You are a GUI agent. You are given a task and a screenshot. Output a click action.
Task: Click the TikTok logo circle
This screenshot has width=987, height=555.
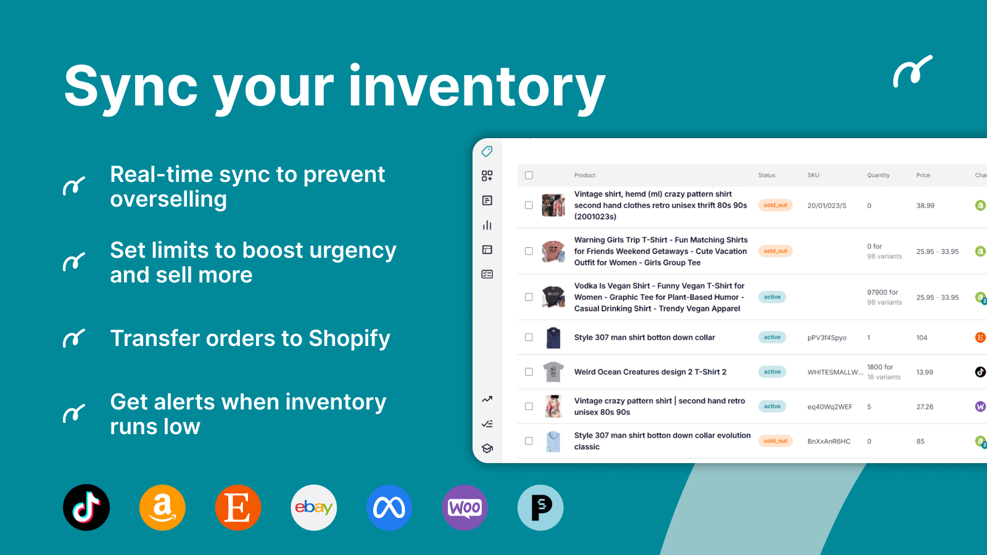pyautogui.click(x=86, y=508)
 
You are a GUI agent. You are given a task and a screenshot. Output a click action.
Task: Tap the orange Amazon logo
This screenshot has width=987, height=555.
pyautogui.click(x=162, y=508)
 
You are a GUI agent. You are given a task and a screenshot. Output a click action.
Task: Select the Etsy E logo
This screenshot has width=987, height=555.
pyautogui.click(x=238, y=508)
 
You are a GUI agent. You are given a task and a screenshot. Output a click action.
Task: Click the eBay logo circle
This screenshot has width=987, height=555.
pyautogui.click(x=314, y=508)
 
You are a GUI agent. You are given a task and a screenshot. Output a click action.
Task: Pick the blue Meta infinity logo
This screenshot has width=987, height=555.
pyautogui.click(x=389, y=508)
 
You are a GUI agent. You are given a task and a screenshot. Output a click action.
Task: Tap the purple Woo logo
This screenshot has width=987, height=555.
pyautogui.click(x=465, y=508)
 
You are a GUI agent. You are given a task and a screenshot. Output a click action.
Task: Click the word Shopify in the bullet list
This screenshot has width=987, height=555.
pyautogui.click(x=349, y=339)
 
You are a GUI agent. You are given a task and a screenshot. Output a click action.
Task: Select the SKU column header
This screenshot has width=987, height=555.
pyautogui.click(x=814, y=175)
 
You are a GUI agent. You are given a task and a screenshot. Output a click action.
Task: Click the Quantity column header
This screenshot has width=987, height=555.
pyautogui.click(x=878, y=175)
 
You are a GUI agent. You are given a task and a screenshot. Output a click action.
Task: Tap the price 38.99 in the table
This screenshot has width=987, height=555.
pyautogui.click(x=925, y=206)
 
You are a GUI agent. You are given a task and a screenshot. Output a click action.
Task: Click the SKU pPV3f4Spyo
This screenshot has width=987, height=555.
pyautogui.click(x=827, y=338)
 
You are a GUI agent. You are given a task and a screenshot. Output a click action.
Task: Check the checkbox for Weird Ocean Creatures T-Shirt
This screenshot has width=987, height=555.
pyautogui.click(x=529, y=372)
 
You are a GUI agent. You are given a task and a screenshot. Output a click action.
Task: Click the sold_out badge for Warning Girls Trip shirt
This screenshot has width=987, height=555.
pyautogui.click(x=775, y=251)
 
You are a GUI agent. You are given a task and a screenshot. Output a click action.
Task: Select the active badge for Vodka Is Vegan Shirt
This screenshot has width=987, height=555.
pyautogui.click(x=772, y=297)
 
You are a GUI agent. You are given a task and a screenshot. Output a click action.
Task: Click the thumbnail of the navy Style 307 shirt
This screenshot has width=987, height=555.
pyautogui.click(x=553, y=338)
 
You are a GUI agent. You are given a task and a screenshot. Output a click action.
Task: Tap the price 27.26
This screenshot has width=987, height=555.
pyautogui.click(x=925, y=407)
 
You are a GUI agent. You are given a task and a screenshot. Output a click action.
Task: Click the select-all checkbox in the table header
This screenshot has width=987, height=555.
pyautogui.click(x=529, y=175)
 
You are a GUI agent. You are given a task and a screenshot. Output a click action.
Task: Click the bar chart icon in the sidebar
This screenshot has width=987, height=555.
pyautogui.click(x=487, y=225)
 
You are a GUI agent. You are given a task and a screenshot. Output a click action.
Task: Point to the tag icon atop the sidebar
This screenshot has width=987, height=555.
pyautogui.click(x=487, y=152)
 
